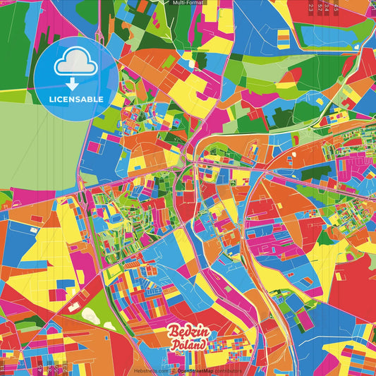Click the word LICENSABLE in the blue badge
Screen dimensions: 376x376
pos(76,99)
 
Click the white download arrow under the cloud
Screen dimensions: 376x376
pos(76,80)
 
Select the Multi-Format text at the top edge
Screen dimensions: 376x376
pos(188,3)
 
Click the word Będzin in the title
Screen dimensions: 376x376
pos(187,332)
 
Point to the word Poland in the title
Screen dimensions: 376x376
pos(189,345)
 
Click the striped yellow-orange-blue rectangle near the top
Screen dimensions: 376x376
pos(283,38)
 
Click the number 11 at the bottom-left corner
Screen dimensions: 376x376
pos(4,368)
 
